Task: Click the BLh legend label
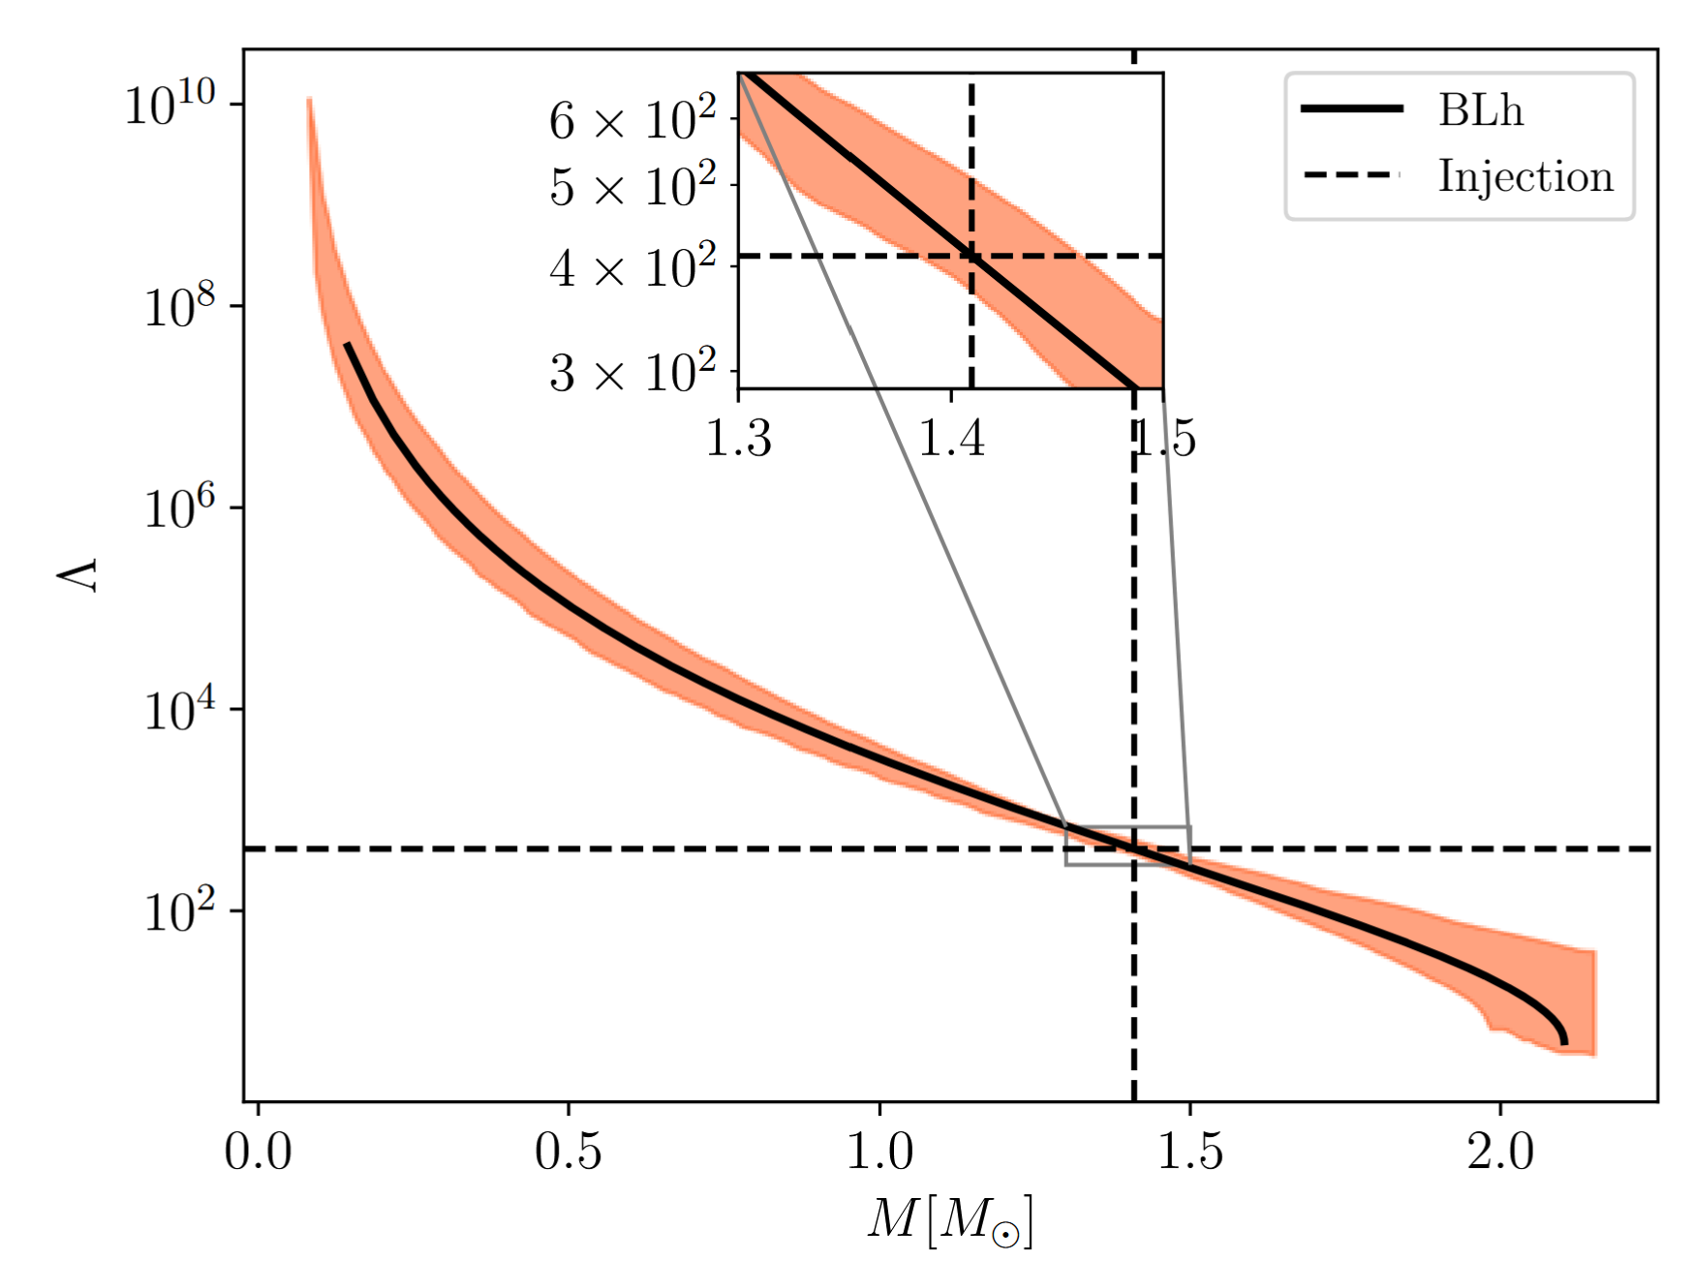click(x=1480, y=109)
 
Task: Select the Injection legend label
click(x=1525, y=176)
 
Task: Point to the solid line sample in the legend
click(x=1352, y=108)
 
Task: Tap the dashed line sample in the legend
click(x=1352, y=175)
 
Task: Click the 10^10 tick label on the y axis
click(x=169, y=103)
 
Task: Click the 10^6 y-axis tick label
click(x=179, y=507)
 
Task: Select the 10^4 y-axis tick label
click(x=179, y=710)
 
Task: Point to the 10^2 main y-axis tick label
click(x=179, y=911)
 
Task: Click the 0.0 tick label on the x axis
click(x=258, y=1153)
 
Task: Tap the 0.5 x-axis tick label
click(x=569, y=1153)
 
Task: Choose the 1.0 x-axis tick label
click(x=879, y=1153)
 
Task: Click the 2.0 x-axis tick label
click(x=1500, y=1153)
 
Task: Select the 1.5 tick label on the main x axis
click(x=1190, y=1153)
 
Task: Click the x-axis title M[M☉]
click(x=950, y=1220)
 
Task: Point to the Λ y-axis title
click(x=77, y=574)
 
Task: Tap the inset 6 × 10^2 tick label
click(x=632, y=120)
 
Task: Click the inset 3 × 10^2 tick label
click(x=632, y=372)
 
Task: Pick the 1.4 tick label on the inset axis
click(x=951, y=438)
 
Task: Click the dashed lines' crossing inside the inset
click(x=971, y=256)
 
